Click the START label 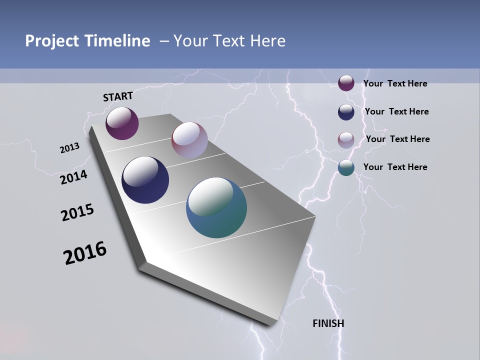(x=118, y=96)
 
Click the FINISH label (x=328, y=323)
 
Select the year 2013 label (x=69, y=148)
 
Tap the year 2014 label (x=73, y=177)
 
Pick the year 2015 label (x=77, y=212)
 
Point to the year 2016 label (x=85, y=253)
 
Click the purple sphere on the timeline (x=122, y=123)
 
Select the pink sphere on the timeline (x=189, y=140)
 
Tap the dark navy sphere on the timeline (x=145, y=180)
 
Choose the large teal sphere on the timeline (x=216, y=207)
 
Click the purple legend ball (x=346, y=83)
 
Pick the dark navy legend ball (x=346, y=112)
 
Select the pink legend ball (x=346, y=140)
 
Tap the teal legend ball (x=346, y=168)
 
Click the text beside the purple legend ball (x=395, y=84)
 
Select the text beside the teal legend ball (x=395, y=167)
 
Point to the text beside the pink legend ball (x=397, y=139)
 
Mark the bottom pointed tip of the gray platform (x=273, y=325)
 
